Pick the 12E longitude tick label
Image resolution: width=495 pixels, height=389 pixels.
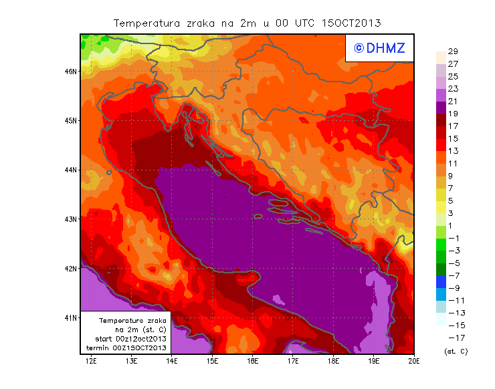(91, 362)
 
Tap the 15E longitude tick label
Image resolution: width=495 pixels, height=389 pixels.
(212, 362)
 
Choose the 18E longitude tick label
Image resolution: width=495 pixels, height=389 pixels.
(333, 362)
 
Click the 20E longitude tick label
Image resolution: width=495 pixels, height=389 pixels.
(414, 362)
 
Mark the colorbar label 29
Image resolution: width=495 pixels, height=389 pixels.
(452, 51)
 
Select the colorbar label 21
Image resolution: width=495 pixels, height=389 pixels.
(452, 102)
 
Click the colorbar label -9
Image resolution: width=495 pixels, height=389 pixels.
(452, 287)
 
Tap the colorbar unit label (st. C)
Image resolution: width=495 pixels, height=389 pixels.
(456, 350)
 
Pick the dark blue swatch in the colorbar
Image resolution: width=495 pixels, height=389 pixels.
(440, 281)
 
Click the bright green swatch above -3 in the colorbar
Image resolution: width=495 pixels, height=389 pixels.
(440, 244)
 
